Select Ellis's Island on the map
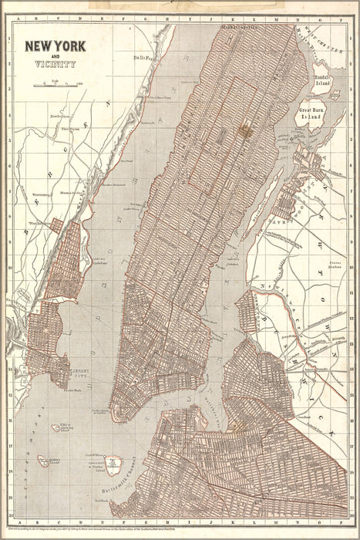pyautogui.click(x=56, y=424)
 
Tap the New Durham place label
pyautogui.click(x=59, y=116)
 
